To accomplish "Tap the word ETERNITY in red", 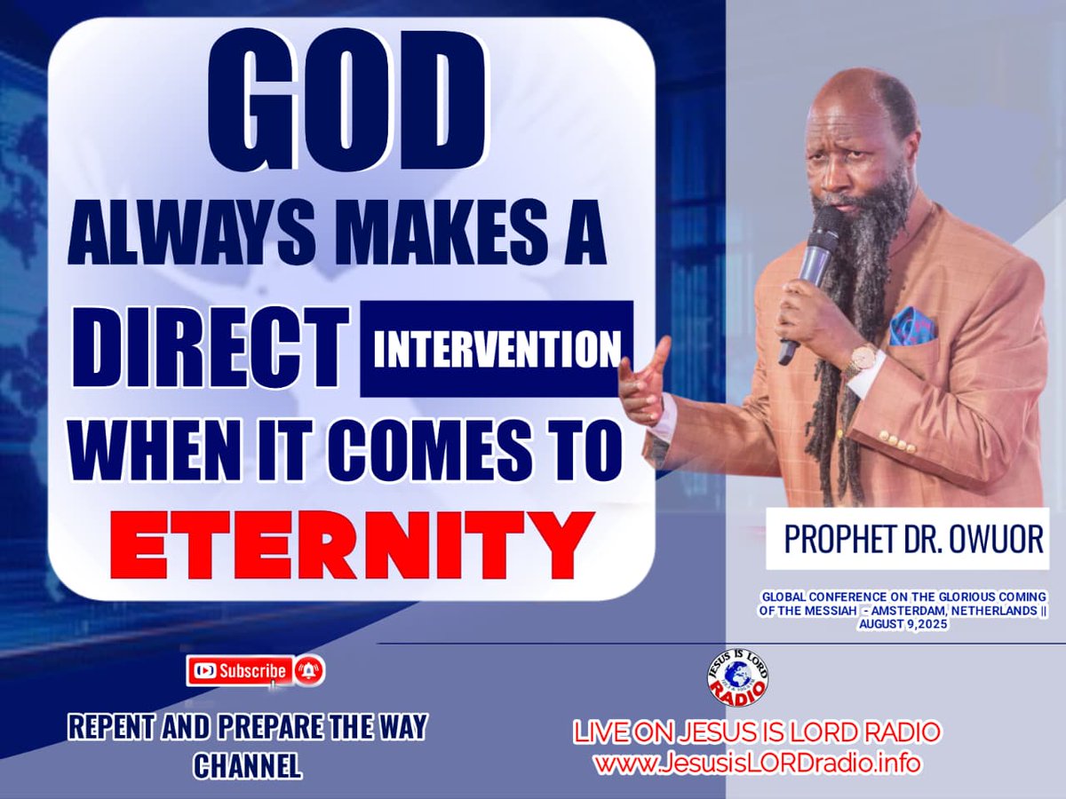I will click(352, 543).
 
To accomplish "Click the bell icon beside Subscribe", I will click(309, 671).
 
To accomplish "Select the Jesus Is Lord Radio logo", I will click(737, 678).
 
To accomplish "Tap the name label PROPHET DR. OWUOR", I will click(905, 539).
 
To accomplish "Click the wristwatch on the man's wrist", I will click(861, 360).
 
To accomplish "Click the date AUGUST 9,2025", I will click(902, 625).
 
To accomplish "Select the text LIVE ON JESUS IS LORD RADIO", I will click(757, 733).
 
